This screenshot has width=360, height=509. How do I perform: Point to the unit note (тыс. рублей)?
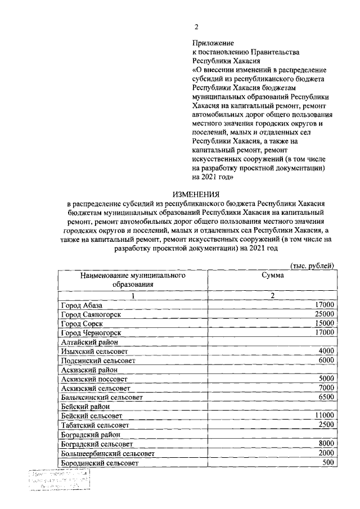tap(312, 265)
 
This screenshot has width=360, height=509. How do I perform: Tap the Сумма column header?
tap(272, 276)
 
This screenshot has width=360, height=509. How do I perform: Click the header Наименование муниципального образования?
tap(133, 280)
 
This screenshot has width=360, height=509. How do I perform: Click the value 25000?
tap(325, 314)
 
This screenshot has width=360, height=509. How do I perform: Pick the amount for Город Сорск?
tap(325, 323)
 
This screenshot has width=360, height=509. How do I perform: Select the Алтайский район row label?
tap(88, 342)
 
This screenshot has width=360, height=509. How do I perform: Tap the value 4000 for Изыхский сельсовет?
tap(326, 351)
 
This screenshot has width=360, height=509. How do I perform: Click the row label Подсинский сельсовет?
tap(98, 361)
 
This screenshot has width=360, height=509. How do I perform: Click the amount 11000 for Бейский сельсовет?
tap(325, 416)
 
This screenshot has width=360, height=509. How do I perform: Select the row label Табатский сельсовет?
tap(96, 425)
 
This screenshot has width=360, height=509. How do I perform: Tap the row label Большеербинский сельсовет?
tap(107, 453)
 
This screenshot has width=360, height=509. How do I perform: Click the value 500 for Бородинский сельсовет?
tap(328, 462)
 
